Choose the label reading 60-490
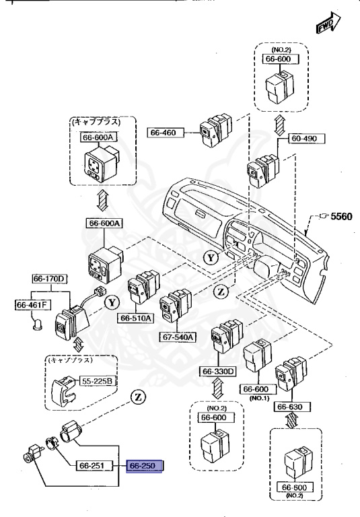click(x=305, y=138)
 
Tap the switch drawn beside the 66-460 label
click(x=215, y=131)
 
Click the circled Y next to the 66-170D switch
click(x=110, y=302)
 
